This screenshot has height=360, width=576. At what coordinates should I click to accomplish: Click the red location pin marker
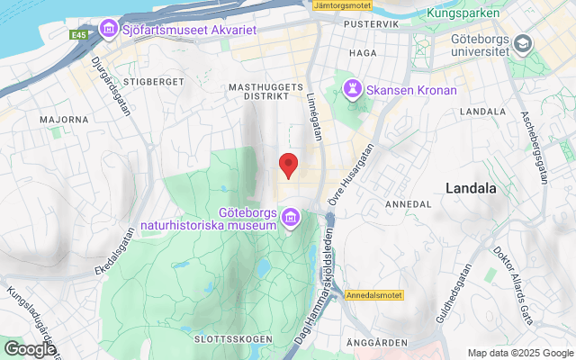pos(288,165)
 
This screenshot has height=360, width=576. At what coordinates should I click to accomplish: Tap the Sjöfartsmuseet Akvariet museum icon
pos(109,30)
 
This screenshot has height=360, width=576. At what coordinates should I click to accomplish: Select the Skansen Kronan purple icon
pos(351,90)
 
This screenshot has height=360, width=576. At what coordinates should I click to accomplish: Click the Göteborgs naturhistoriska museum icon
pos(291,218)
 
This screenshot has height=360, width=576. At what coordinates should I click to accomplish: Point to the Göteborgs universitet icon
pos(522,44)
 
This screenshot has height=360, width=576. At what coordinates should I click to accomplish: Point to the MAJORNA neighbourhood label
pos(64,119)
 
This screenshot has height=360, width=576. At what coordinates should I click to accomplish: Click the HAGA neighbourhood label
pos(362,53)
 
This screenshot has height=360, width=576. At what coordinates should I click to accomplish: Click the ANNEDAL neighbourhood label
pos(408,204)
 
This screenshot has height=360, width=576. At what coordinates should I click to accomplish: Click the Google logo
pos(30,349)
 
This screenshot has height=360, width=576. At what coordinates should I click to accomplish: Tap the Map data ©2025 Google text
pos(519,353)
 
